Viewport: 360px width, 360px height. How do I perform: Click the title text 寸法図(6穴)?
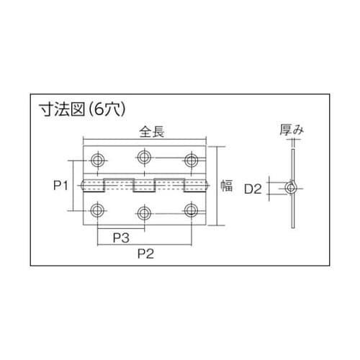84,109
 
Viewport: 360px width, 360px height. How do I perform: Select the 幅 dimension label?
225,186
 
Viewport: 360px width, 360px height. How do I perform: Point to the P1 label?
60,186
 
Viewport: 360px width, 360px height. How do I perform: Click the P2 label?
146,253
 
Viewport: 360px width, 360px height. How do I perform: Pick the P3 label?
121,236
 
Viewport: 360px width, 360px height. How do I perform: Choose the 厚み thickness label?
295,131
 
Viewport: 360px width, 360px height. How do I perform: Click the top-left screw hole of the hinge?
97,158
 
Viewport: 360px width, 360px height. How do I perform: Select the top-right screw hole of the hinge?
192,158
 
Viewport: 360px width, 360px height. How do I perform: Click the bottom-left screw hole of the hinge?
97,211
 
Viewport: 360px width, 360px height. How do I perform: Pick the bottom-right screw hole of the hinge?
192,211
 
